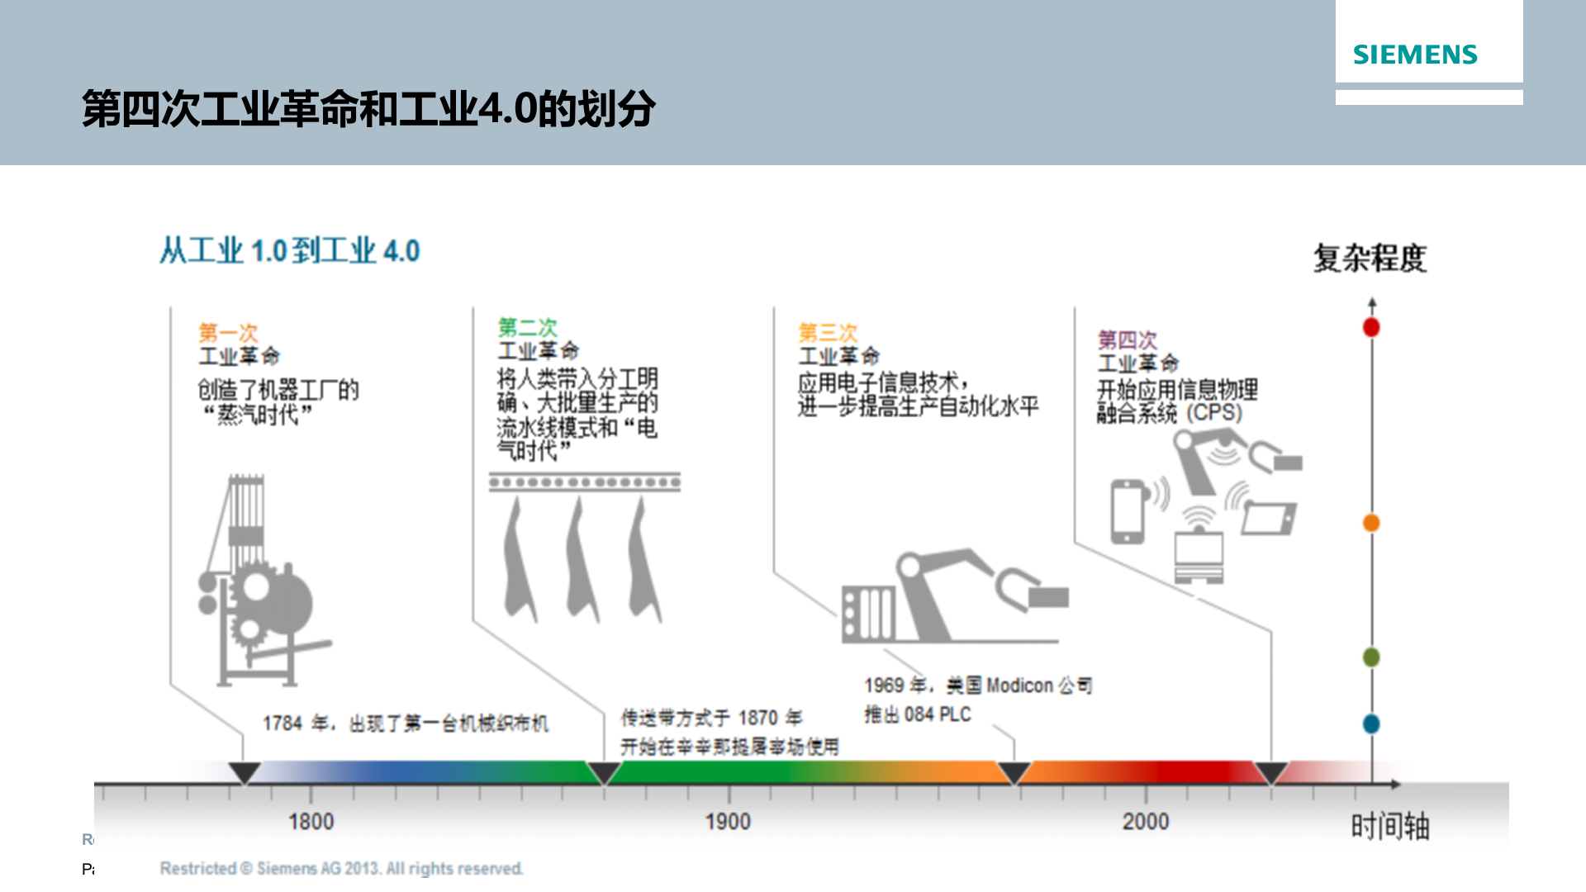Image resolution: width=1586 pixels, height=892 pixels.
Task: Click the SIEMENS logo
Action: (1414, 55)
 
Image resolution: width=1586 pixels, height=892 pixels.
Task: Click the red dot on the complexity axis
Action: (1371, 327)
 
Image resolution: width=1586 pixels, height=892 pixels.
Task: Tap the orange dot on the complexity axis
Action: (1371, 523)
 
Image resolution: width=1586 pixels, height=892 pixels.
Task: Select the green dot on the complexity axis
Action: (1371, 657)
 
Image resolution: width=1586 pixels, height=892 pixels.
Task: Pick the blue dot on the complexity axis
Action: (1371, 724)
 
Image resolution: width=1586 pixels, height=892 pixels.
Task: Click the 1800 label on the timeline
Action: (311, 822)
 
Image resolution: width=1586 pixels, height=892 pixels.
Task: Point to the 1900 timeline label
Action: (728, 822)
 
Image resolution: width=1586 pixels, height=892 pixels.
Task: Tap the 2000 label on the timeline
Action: (1145, 822)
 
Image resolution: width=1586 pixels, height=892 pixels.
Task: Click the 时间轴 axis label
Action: (1389, 826)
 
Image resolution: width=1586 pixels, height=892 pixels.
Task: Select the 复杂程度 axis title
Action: (1370, 259)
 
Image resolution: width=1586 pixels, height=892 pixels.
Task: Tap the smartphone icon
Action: (1127, 511)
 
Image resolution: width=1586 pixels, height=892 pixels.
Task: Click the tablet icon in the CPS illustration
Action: (1268, 518)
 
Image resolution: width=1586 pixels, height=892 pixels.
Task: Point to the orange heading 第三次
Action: (828, 333)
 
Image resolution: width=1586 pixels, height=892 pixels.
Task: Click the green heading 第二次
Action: (527, 327)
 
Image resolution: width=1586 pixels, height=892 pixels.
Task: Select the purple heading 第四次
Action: (1127, 339)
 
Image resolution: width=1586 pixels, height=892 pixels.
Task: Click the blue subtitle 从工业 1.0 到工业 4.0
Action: (290, 250)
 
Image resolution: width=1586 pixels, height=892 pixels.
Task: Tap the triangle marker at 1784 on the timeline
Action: (244, 772)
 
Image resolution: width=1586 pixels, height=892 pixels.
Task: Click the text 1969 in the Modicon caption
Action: (883, 686)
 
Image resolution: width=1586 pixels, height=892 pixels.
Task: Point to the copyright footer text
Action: (341, 868)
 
